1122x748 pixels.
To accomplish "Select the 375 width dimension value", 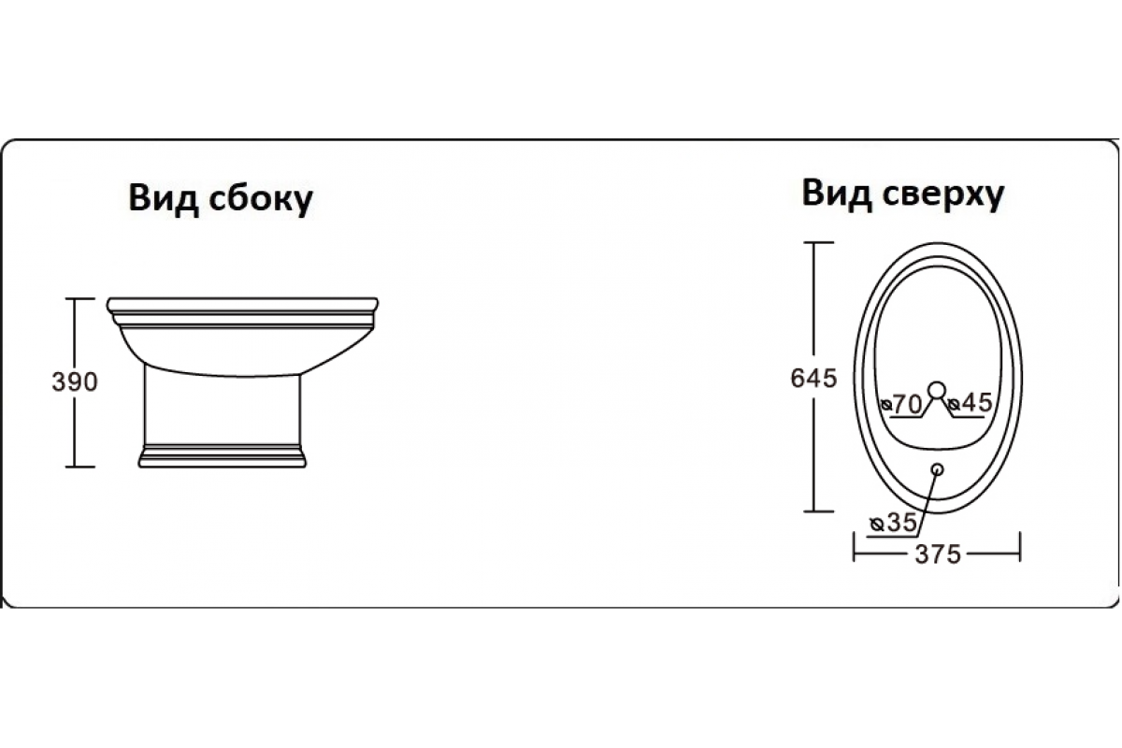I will (937, 554).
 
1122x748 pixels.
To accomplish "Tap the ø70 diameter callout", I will (902, 404).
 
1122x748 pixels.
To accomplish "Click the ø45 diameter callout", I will (968, 404).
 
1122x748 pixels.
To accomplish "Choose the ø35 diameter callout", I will (892, 524).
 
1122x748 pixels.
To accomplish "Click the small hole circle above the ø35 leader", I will (937, 469).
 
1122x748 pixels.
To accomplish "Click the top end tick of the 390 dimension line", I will (82, 298).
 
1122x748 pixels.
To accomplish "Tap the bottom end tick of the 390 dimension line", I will (82, 466).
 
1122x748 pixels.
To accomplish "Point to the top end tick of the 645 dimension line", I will (819, 242).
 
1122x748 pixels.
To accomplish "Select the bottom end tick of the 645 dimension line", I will (819, 511).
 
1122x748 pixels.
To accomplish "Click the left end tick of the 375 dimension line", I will (855, 547).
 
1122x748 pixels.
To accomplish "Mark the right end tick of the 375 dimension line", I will (1019, 547).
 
